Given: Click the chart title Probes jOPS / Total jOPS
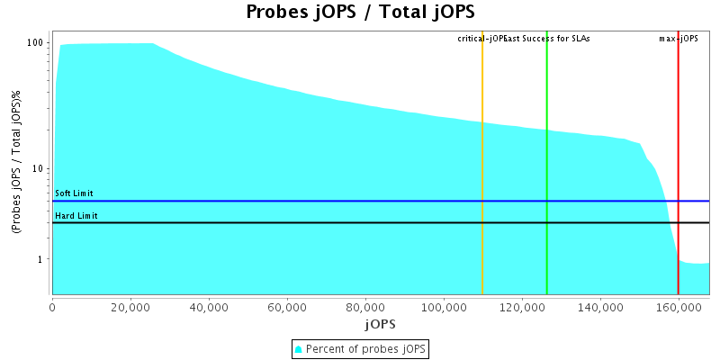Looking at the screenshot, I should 360,13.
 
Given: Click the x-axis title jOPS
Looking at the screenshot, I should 380,323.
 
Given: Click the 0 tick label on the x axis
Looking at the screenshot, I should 52,307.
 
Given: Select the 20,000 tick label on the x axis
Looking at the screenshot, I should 130,307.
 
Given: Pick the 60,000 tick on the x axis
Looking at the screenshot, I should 287,307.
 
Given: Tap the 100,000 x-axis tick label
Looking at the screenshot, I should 444,307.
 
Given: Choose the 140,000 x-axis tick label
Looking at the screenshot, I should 600,307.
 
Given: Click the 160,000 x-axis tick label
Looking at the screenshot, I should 678,307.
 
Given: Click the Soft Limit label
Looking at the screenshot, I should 74,193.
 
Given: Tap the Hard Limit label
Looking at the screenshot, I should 76,216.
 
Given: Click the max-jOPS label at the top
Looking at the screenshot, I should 679,39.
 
